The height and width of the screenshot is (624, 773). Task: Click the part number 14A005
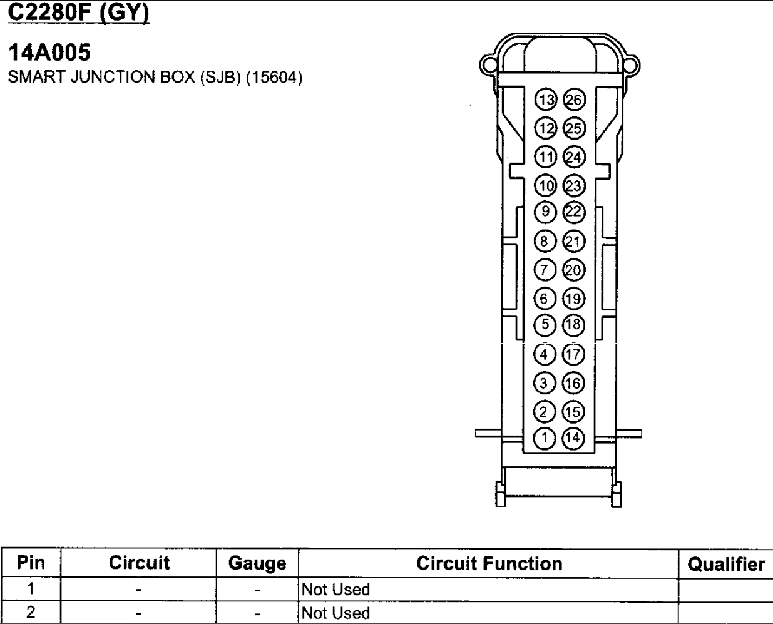49,53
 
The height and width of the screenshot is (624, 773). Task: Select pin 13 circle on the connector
546,100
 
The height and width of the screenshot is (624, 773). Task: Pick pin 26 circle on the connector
574,100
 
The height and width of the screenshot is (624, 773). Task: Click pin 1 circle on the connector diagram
545,438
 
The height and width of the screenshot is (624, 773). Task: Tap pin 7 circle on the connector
545,270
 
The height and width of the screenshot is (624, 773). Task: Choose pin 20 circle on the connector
573,270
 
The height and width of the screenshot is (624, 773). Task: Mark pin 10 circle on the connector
546,185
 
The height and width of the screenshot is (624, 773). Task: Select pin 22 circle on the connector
573,212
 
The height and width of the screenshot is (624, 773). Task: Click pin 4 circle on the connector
544,354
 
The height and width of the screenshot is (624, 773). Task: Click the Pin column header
31,563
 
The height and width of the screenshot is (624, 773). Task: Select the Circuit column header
139,563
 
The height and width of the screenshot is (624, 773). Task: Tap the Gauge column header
257,563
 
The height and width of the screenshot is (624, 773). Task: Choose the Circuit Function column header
489,563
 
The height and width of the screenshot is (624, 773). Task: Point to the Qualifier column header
726,564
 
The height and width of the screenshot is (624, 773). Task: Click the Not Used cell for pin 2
335,613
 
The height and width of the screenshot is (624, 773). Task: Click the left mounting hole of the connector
488,64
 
